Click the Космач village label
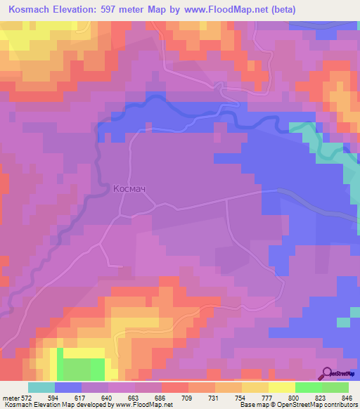point(134,189)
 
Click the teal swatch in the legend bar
point(41,387)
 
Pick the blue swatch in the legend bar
point(68,387)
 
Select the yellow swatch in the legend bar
point(281,387)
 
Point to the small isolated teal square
point(342,322)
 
